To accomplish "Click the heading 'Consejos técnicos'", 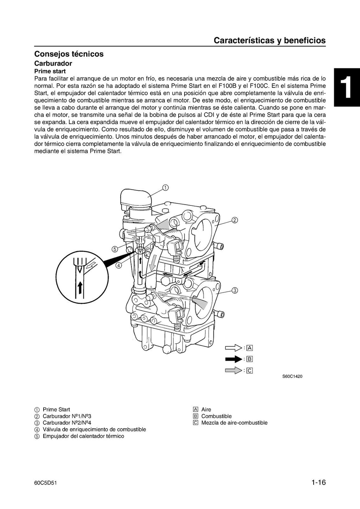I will [69, 54].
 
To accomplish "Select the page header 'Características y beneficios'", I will [269, 40].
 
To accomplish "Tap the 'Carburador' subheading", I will [53, 64].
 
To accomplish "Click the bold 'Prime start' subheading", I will [50, 71].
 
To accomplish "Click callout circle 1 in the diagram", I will [165, 187].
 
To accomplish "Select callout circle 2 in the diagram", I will [235, 220].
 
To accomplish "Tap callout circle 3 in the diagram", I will [235, 291].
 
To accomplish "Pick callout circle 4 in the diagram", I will [119, 265].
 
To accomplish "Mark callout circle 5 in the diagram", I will [114, 249].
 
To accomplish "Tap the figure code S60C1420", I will [292, 377].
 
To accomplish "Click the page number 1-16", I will [319, 483].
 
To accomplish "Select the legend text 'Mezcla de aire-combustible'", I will [234, 423].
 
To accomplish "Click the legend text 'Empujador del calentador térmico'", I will [83, 436].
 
